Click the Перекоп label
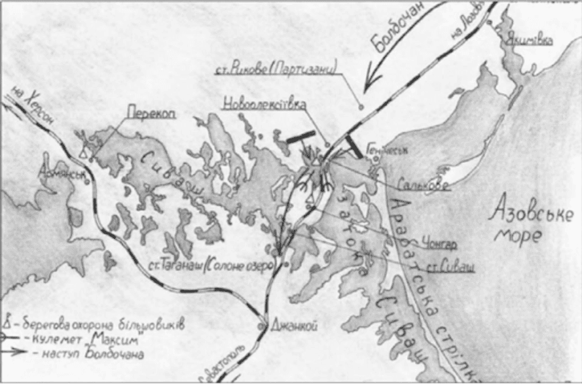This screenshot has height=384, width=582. pyautogui.click(x=151, y=113)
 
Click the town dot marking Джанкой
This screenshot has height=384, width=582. pyautogui.click(x=263, y=324)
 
